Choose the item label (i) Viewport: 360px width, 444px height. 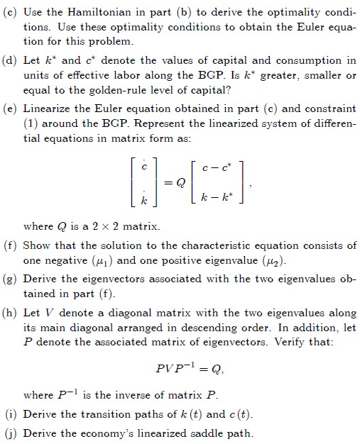[11, 416]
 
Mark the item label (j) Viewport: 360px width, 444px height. [11, 433]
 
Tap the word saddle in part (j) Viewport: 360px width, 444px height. [197, 433]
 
